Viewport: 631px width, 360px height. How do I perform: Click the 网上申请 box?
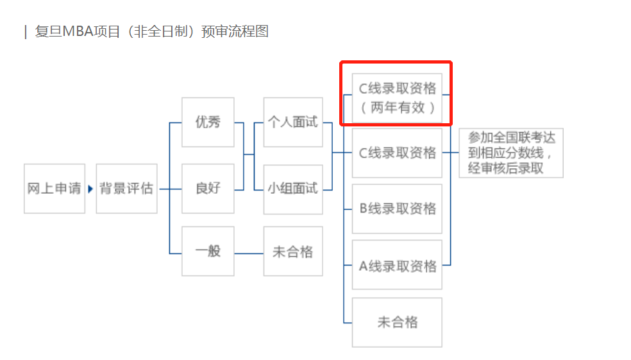[55, 189]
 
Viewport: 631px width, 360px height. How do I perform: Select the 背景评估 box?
[126, 189]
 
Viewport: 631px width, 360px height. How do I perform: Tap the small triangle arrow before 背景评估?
[90, 189]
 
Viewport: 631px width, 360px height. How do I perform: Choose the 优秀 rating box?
[208, 122]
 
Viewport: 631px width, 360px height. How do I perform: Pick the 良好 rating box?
[208, 188]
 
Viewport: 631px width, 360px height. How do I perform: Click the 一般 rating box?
[208, 251]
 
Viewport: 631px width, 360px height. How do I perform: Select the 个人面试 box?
[293, 122]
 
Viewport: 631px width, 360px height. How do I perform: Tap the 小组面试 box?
[293, 188]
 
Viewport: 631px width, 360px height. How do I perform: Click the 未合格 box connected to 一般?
[293, 251]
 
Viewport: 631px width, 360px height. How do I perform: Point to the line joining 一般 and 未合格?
[249, 253]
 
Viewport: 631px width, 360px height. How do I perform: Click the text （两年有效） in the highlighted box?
[398, 107]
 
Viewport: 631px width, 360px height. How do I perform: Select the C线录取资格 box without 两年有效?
[398, 153]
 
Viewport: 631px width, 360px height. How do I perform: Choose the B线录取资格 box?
[398, 209]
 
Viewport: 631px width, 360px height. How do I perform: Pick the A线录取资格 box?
[398, 265]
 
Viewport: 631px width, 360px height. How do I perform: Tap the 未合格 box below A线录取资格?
[398, 322]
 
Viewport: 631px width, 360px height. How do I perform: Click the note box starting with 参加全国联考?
[511, 153]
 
